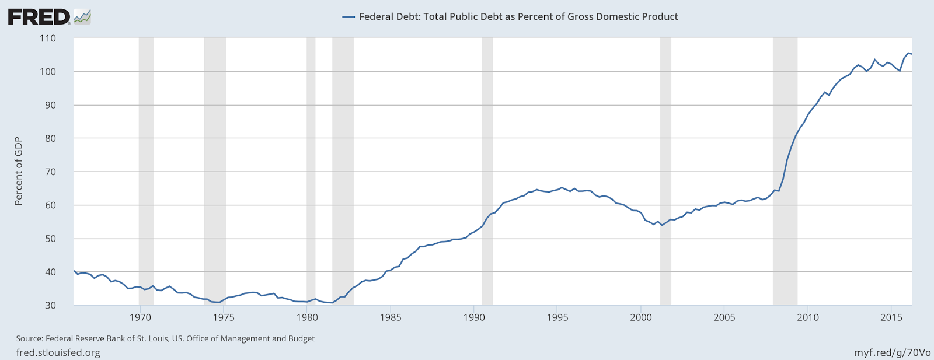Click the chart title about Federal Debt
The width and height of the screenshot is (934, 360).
point(518,17)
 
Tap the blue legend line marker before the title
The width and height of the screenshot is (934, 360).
point(348,17)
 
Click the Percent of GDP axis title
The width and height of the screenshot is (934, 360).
point(19,172)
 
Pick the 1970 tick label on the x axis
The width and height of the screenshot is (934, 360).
point(140,317)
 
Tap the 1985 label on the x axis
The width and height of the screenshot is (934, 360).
point(391,317)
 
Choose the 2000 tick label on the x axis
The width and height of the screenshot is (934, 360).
point(641,317)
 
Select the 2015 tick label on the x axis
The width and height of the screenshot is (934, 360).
point(891,317)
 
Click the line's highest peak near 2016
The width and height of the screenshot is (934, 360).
point(908,53)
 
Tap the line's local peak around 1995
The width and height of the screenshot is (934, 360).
point(562,187)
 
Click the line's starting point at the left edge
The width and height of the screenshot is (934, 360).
point(74,270)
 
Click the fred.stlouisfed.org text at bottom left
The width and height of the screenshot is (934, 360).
point(58,352)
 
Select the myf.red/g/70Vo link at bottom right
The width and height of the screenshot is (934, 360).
point(892,352)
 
